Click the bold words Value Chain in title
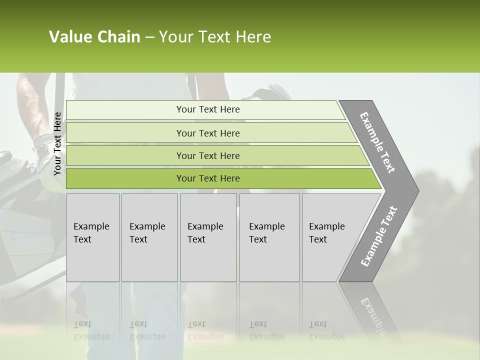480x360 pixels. [94, 37]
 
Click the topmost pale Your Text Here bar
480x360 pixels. [207, 109]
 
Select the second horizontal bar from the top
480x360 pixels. [207, 133]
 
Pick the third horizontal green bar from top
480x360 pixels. [207, 155]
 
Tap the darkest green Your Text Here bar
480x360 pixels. [207, 178]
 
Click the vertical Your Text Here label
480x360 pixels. [57, 143]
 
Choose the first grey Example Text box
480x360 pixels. [92, 237]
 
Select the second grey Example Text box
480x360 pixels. [149, 237]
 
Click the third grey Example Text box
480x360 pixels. [208, 237]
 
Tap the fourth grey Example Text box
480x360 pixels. [269, 237]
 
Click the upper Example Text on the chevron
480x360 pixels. [377, 142]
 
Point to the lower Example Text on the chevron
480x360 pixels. [379, 236]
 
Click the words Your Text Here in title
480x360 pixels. [215, 37]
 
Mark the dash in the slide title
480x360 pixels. [149, 37]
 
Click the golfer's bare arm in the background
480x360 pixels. [30, 100]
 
